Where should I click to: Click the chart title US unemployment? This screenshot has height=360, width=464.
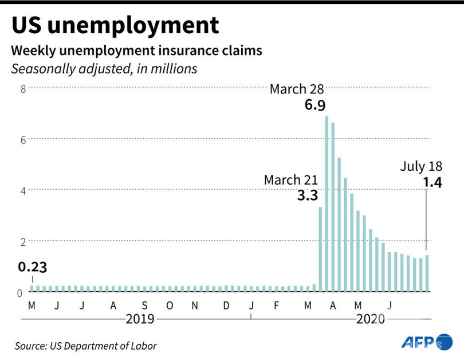pyautogui.click(x=115, y=26)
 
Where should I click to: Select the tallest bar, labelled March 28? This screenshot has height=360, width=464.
pyautogui.click(x=327, y=204)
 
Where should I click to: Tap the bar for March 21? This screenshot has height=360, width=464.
pyautogui.click(x=320, y=249)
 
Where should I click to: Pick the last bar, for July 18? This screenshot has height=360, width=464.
pyautogui.click(x=427, y=273)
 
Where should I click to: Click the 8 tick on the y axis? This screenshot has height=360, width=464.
pyautogui.click(x=23, y=88)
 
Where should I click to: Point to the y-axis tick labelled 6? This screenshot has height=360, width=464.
pyautogui.click(x=23, y=139)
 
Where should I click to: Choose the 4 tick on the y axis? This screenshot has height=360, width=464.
pyautogui.click(x=23, y=190)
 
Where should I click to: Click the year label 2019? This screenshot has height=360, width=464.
pyautogui.click(x=141, y=318)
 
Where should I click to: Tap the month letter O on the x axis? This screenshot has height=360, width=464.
pyautogui.click(x=170, y=304)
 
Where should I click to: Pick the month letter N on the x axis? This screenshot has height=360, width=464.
pyautogui.click(x=195, y=304)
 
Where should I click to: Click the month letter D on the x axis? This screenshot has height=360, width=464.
pyautogui.click(x=226, y=304)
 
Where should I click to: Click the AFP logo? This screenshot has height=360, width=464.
pyautogui.click(x=427, y=342)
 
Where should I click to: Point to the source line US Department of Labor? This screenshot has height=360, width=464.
pyautogui.click(x=86, y=346)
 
